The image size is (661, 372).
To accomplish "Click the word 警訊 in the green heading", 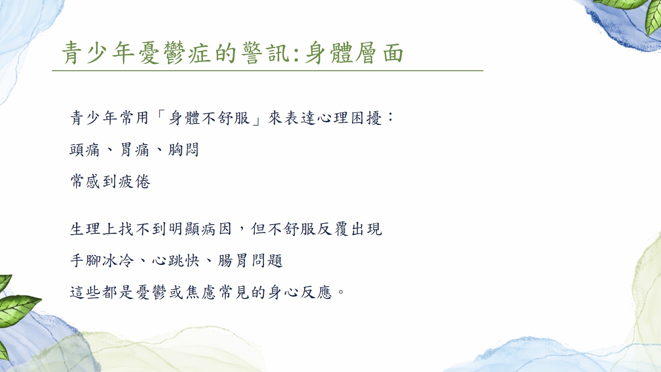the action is click(x=266, y=53).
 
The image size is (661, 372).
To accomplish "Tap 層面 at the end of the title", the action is click(x=379, y=53).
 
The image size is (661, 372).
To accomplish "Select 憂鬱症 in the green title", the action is click(x=174, y=53).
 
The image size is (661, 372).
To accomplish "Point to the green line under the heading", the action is click(x=267, y=71).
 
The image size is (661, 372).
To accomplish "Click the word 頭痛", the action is click(x=84, y=150).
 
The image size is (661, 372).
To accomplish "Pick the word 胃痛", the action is click(x=134, y=150).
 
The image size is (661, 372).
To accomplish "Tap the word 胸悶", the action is click(x=184, y=150).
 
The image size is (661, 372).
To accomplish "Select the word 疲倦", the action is click(x=134, y=181).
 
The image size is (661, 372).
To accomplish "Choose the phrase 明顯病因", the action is click(x=200, y=229).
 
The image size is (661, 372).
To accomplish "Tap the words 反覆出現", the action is click(x=350, y=229).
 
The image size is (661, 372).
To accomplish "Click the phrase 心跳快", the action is click(x=175, y=261).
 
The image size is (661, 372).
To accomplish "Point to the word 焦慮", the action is click(x=201, y=292).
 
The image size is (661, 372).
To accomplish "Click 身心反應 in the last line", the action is click(x=300, y=292).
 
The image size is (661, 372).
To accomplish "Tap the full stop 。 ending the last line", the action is click(x=341, y=292).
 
